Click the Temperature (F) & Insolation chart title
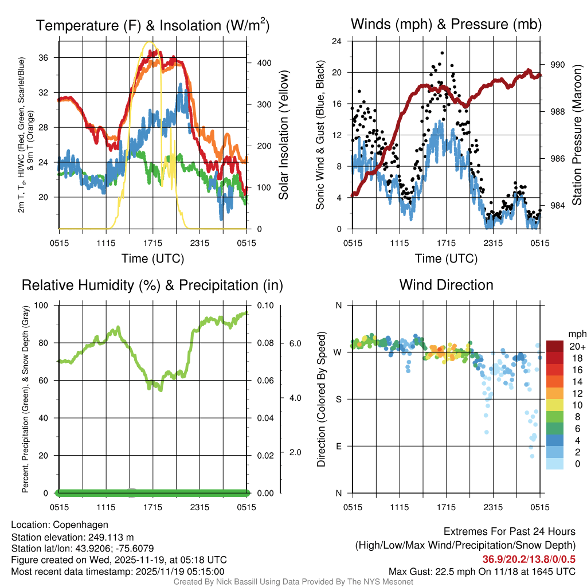152,26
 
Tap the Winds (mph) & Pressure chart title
446,25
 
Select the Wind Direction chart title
446,285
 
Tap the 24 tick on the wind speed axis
337,41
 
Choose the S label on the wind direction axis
338,399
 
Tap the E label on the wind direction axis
338,446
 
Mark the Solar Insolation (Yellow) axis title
284,135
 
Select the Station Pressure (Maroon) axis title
577,135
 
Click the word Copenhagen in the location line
80,525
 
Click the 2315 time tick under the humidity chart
199,507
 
